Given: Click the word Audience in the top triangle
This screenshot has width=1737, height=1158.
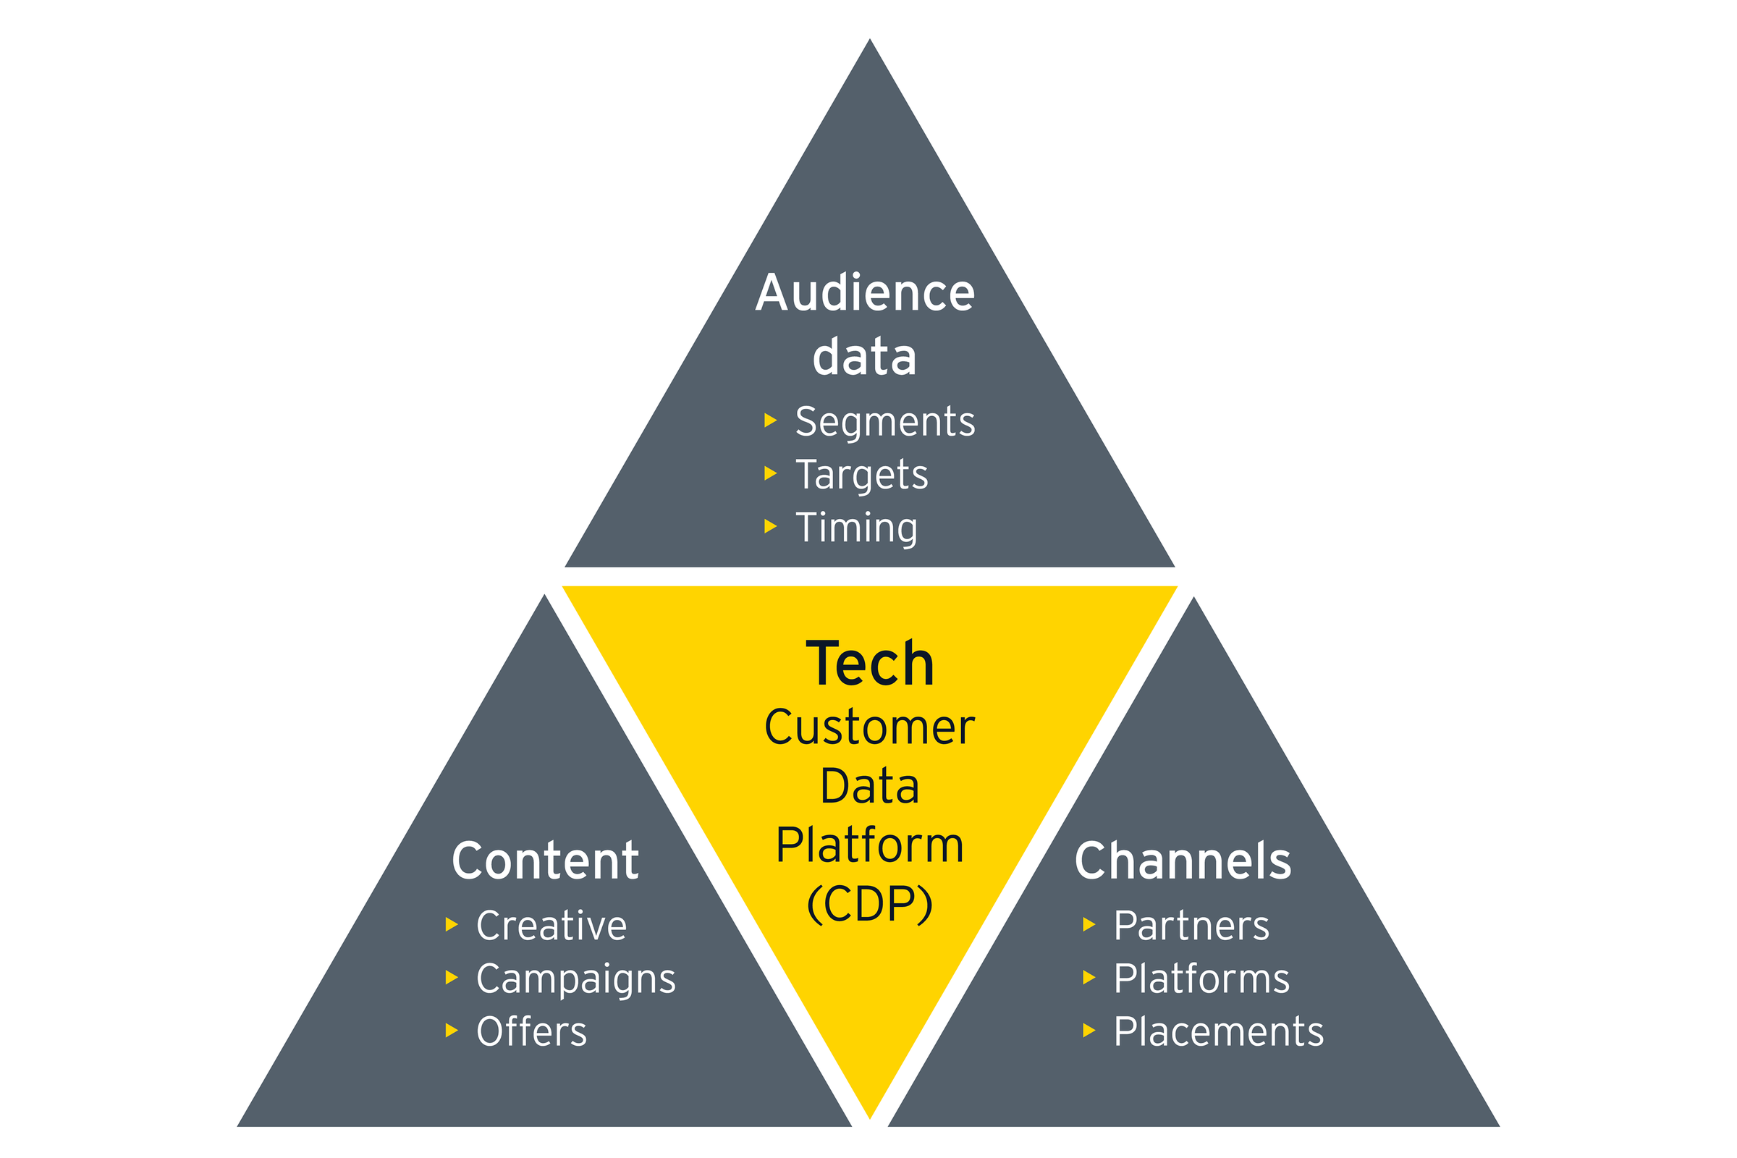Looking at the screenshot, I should click(865, 293).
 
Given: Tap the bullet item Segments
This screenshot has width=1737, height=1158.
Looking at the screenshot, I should click(884, 423).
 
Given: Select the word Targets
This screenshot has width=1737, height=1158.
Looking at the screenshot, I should click(861, 475).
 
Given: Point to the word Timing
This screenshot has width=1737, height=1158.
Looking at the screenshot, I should click(856, 528).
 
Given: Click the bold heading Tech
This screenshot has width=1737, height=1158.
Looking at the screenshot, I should click(869, 663).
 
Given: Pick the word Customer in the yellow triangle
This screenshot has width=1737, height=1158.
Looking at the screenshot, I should click(869, 727).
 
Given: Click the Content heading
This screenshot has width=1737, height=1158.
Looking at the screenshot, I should click(545, 861).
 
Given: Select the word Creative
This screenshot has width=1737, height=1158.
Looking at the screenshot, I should click(551, 926).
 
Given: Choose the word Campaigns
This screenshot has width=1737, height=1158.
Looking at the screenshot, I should click(576, 979).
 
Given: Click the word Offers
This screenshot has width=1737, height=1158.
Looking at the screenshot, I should click(531, 1032).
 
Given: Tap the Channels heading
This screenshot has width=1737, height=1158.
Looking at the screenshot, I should click(1183, 861).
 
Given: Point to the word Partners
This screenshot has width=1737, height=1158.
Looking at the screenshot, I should click(1191, 926).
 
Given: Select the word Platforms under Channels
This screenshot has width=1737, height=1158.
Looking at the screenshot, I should click(1201, 979).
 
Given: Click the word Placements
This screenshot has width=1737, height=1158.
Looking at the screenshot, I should click(1219, 1032).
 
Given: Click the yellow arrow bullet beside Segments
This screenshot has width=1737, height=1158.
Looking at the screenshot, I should click(770, 421).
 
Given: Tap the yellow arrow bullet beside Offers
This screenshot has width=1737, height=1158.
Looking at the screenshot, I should click(451, 1030).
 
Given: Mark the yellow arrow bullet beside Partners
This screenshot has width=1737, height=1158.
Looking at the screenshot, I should click(1089, 925).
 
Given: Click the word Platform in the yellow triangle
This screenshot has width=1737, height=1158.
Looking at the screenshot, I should click(869, 845).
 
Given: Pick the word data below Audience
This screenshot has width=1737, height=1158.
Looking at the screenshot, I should click(864, 358).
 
